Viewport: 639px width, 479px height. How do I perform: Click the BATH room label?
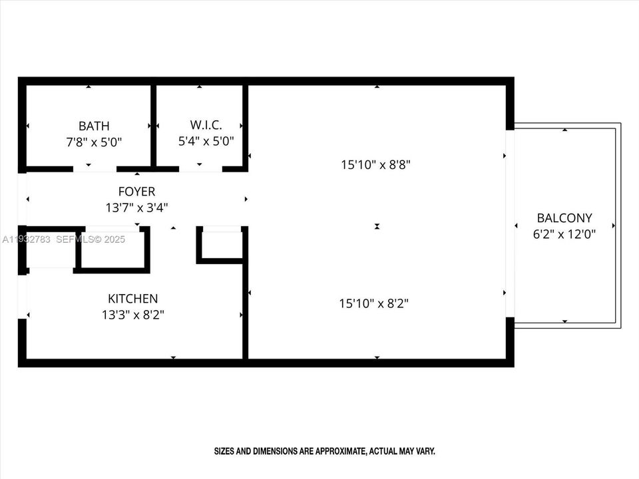[x=94, y=126]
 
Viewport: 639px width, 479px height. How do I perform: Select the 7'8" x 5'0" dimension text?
[x=94, y=142]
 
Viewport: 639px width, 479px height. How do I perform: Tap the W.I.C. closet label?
[x=206, y=125]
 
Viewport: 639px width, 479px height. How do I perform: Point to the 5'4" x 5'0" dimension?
[x=206, y=141]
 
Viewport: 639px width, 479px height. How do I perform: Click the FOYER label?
[x=136, y=192]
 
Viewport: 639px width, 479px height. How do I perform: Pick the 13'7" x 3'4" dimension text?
[x=136, y=208]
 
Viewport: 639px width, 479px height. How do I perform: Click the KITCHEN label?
[x=133, y=299]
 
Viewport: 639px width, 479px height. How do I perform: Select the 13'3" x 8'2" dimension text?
[x=133, y=315]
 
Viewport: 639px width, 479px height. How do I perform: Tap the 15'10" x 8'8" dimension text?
[x=375, y=164]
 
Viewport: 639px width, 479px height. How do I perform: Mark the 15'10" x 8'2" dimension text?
[x=373, y=303]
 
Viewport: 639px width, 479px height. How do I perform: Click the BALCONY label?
[x=564, y=218]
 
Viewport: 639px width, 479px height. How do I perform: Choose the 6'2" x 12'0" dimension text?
[x=564, y=234]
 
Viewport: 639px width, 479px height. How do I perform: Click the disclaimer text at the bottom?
[x=324, y=451]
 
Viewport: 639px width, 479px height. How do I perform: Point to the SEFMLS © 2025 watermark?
[x=90, y=239]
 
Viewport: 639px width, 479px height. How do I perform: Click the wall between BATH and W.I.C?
[x=153, y=125]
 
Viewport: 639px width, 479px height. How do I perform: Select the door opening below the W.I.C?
[x=200, y=169]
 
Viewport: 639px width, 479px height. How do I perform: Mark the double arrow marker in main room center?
[x=377, y=227]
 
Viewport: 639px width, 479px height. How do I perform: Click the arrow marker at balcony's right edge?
[x=613, y=226]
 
